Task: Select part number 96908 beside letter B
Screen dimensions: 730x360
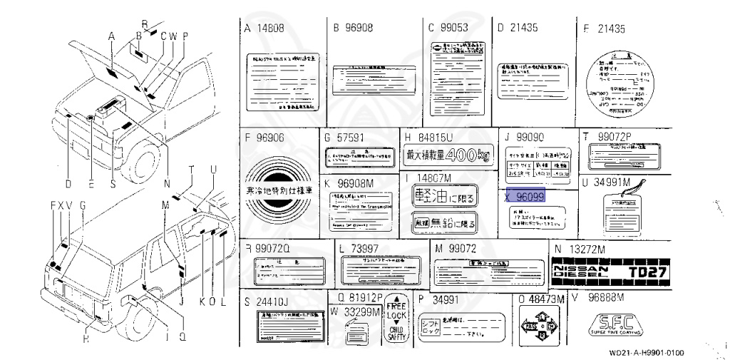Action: tap(358, 29)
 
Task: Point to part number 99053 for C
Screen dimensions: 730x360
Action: tap(453, 29)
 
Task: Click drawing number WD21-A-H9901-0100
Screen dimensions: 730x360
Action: tap(647, 352)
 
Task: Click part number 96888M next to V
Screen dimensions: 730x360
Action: tap(605, 297)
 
